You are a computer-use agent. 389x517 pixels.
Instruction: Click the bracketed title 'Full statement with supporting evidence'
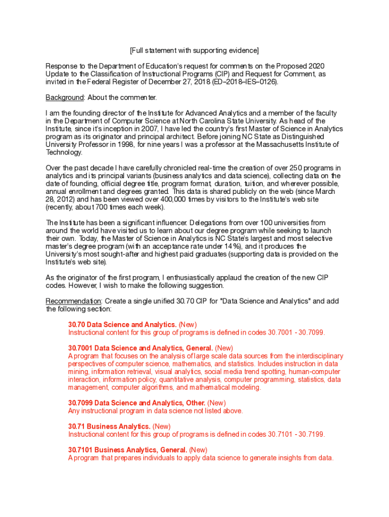tap(194, 50)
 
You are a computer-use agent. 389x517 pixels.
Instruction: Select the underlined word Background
tap(64, 97)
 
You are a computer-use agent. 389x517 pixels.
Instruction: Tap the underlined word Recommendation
tap(74, 301)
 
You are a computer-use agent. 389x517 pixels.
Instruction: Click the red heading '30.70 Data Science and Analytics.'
tap(122, 325)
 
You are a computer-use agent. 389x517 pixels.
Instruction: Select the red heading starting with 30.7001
tap(140, 348)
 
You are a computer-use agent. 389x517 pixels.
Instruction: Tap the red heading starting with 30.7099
tap(136, 403)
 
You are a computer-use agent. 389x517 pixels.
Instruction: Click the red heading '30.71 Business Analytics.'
tap(109, 426)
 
